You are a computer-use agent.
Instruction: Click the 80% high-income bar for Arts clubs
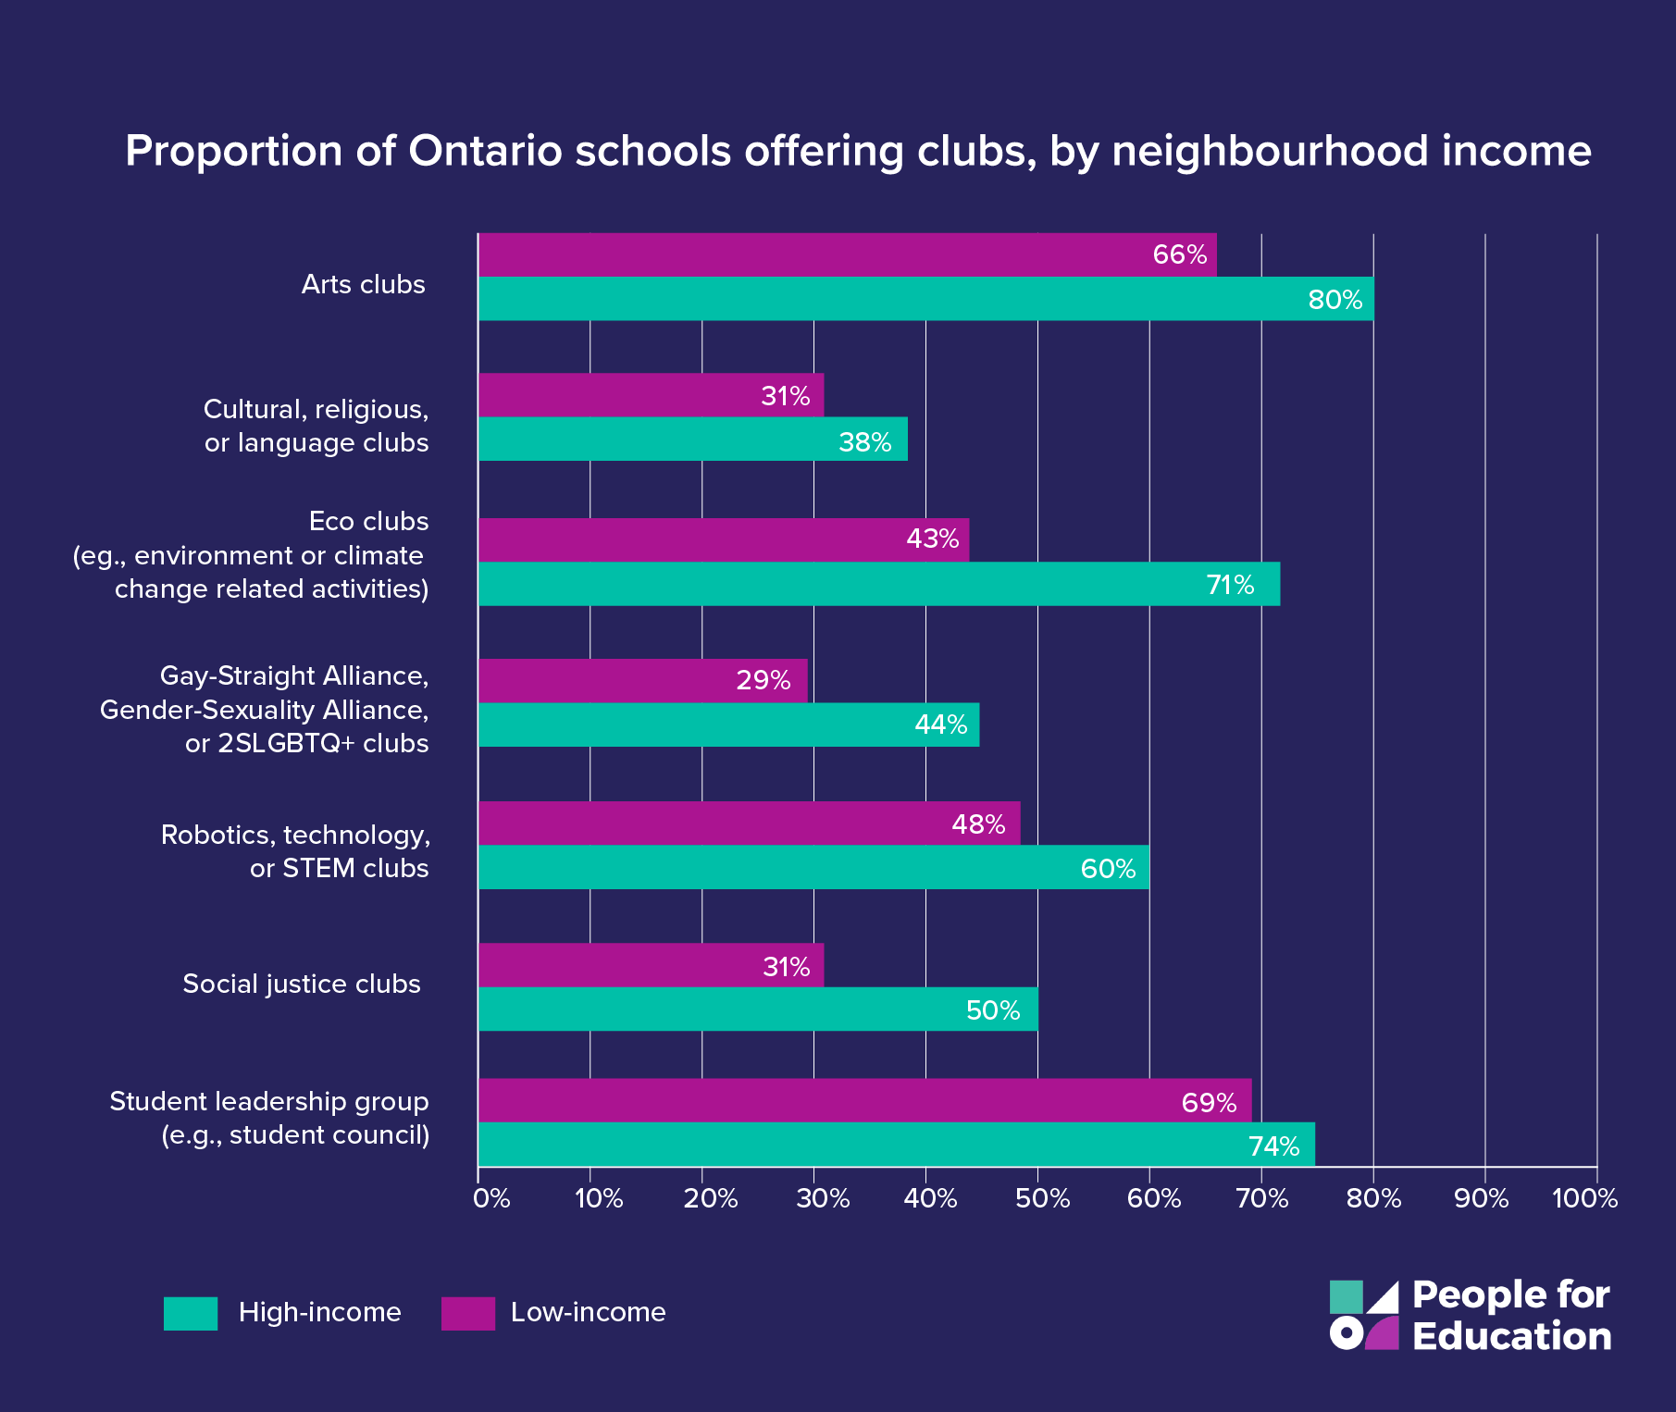925,299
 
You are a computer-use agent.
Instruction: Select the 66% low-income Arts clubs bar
847,254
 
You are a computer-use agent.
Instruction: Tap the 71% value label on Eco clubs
1230,585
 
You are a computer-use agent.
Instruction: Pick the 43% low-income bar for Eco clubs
722,539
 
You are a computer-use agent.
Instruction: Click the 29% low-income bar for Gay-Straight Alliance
642,680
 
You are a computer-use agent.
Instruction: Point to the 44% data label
940,725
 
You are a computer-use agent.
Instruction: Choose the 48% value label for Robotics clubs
978,824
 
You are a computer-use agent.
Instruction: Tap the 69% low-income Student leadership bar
864,1100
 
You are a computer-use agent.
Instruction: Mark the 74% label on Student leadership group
1273,1146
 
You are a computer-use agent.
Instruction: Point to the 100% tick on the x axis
1584,1199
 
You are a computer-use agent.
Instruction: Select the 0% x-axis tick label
491,1199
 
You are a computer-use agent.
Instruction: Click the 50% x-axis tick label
1042,1199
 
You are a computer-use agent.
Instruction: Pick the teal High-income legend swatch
191,1313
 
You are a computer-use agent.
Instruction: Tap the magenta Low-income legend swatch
467,1313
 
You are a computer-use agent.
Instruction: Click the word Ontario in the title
485,151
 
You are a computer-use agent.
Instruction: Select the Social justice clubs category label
302,984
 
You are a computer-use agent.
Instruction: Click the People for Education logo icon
1364,1315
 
